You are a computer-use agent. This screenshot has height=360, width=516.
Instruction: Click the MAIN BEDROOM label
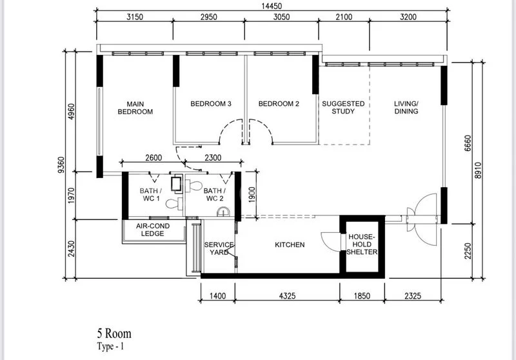(135, 108)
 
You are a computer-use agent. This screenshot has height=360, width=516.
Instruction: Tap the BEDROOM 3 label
(210, 104)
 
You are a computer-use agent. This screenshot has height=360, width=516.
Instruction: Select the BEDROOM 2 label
(279, 104)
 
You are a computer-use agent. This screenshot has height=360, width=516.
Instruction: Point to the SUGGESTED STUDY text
(343, 107)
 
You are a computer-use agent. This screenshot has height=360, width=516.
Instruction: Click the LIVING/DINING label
(406, 107)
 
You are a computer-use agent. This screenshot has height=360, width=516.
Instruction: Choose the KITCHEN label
(290, 245)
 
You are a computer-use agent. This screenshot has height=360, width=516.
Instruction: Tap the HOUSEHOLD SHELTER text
(361, 245)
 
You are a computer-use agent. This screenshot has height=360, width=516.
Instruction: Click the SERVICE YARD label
(219, 248)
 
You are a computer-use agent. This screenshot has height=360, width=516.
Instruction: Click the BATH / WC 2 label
(213, 195)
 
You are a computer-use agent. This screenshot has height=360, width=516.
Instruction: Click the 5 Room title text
(114, 334)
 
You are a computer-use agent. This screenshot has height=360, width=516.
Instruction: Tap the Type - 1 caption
(110, 346)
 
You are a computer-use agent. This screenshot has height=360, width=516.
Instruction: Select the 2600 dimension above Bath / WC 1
(153, 157)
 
